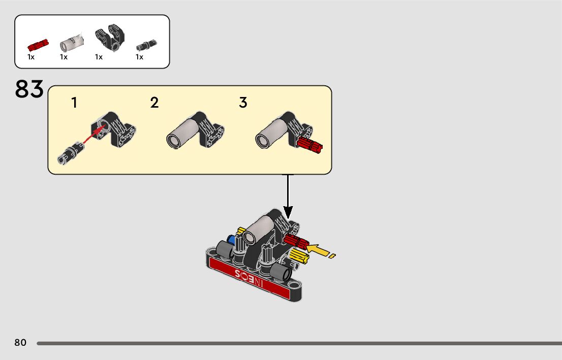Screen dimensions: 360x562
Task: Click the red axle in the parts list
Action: click(38, 45)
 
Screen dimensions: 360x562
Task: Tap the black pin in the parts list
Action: click(147, 45)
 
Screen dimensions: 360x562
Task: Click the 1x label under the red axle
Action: click(31, 57)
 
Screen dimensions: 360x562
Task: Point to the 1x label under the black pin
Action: click(139, 57)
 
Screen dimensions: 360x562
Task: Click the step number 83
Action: click(29, 89)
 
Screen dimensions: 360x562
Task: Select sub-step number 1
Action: click(74, 103)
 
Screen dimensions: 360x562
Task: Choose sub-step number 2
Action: click(154, 103)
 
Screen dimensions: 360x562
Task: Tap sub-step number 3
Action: click(243, 103)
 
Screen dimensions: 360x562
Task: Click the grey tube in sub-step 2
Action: click(184, 133)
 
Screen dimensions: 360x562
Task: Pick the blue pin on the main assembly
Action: click(232, 240)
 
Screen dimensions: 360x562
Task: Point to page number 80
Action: click(20, 343)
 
